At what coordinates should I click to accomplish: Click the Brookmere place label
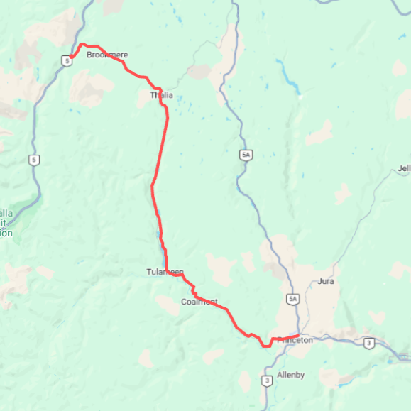(x=107, y=55)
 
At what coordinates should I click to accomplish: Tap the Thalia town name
(x=161, y=95)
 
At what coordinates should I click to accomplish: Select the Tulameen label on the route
(x=165, y=272)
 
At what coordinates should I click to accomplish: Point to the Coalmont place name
(x=199, y=302)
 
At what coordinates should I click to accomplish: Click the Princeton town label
(x=295, y=340)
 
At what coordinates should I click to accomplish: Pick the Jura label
(x=327, y=281)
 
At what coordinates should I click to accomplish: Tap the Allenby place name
(x=291, y=374)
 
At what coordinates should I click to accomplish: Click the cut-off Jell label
(x=405, y=168)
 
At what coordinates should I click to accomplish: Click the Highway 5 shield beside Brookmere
(x=67, y=61)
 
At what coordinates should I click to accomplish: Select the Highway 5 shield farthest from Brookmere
(x=33, y=160)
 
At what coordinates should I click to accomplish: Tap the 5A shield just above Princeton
(x=292, y=299)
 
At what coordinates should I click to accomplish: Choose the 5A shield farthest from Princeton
(x=246, y=153)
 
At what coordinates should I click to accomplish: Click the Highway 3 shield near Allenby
(x=266, y=380)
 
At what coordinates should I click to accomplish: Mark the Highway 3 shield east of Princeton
(x=368, y=343)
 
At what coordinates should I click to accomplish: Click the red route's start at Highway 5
(x=72, y=57)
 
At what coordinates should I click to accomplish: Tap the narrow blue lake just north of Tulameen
(x=158, y=234)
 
